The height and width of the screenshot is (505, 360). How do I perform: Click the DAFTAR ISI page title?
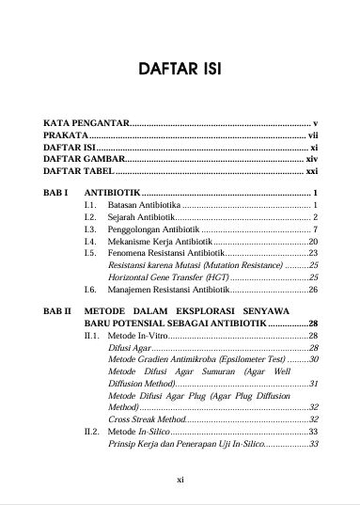point(180,69)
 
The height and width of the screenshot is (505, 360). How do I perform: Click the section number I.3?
point(90,229)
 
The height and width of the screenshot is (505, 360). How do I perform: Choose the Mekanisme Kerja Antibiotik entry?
point(160,241)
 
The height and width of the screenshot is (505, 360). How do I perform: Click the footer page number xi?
point(180,479)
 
